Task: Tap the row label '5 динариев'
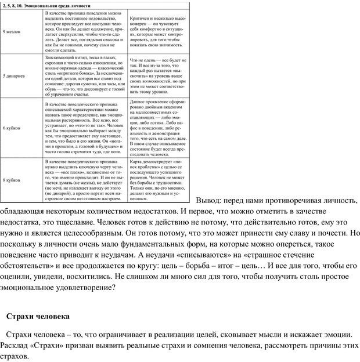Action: point(13,76)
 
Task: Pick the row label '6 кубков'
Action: point(12,126)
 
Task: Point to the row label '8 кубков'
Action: point(12,180)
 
